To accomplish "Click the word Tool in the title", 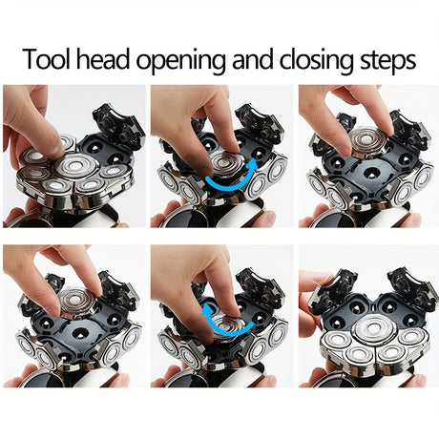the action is point(47,59).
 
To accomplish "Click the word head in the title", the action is point(103,59).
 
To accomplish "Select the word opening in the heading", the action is point(180,62).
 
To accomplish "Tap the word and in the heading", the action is point(252,59).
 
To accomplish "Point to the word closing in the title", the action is point(317,62).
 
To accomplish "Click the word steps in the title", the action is point(387,62).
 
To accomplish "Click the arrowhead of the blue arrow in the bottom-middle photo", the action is point(208,309).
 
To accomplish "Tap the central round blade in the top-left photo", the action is point(75,166).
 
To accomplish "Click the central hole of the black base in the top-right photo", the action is point(372,174).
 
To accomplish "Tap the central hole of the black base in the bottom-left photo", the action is point(80,333).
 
